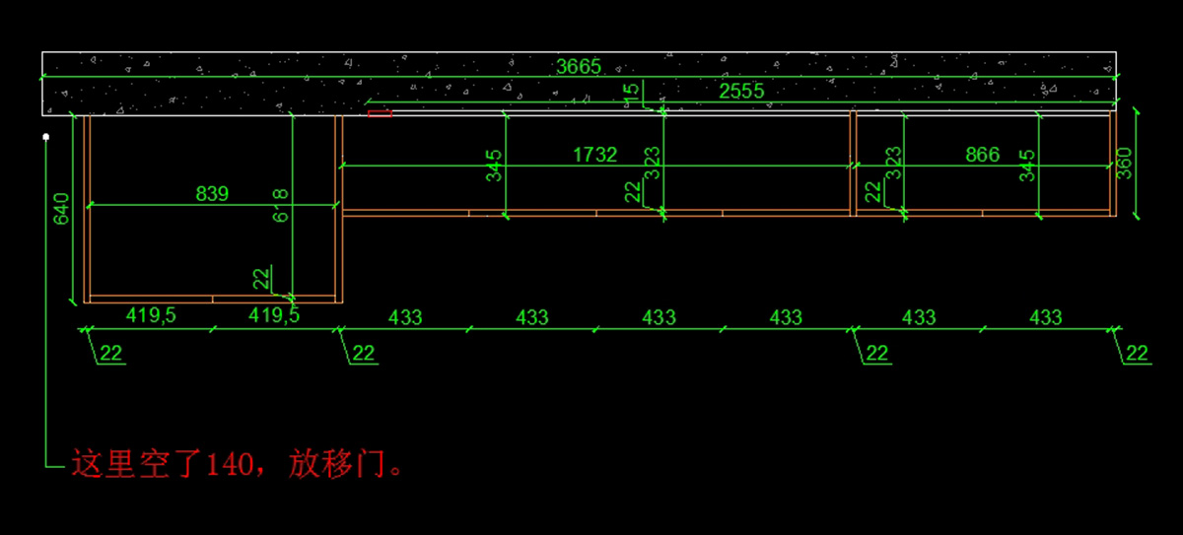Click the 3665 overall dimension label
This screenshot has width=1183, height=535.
[x=579, y=67]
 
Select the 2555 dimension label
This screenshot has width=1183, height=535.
[x=741, y=91]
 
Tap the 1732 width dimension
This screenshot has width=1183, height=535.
[x=595, y=155]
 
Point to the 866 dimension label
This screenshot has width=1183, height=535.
[x=982, y=155]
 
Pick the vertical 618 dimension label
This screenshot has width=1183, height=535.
[x=281, y=205]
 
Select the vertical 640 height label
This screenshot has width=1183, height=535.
[x=61, y=210]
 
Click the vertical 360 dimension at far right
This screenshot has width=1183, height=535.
[x=1125, y=163]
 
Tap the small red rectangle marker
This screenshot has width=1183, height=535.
[x=380, y=114]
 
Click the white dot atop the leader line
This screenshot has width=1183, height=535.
[x=45, y=137]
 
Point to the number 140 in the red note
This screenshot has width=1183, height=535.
[x=231, y=464]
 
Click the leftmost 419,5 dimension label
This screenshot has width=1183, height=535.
[x=150, y=316]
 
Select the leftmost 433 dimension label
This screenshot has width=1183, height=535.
[x=405, y=317]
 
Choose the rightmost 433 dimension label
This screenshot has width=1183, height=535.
[x=1045, y=317]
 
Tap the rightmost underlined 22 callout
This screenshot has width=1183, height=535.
[x=1138, y=353]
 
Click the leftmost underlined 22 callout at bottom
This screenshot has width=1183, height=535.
[x=111, y=353]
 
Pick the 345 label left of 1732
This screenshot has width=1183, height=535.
[x=495, y=166]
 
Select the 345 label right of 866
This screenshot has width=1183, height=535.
[x=1028, y=166]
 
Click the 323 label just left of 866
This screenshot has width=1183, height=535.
[x=894, y=163]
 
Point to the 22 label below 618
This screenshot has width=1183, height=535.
[x=261, y=279]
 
